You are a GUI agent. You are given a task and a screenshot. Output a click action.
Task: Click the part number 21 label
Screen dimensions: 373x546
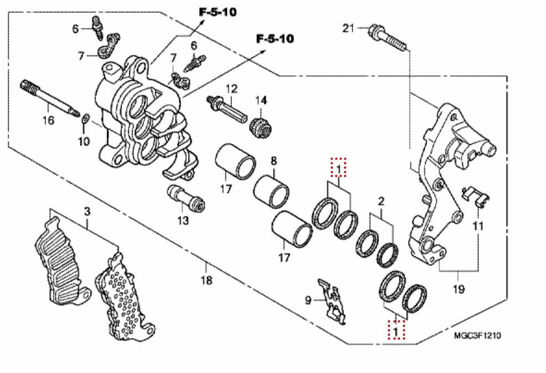point(347,28)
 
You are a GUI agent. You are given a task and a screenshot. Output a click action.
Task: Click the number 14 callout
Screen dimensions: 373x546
point(261,100)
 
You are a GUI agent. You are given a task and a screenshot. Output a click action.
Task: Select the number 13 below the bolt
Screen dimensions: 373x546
point(183,220)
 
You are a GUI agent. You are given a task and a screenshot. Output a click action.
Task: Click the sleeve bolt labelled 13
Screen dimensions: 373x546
point(185,199)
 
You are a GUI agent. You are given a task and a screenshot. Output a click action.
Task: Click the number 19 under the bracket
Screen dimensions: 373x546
point(458,289)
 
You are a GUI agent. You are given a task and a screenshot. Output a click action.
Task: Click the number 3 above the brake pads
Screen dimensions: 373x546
point(87,211)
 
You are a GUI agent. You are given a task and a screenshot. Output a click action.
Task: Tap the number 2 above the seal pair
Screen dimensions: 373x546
point(381,200)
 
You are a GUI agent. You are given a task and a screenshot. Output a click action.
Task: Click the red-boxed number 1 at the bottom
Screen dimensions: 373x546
point(396,331)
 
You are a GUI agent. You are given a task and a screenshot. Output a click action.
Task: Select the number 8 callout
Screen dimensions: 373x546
point(273,161)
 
